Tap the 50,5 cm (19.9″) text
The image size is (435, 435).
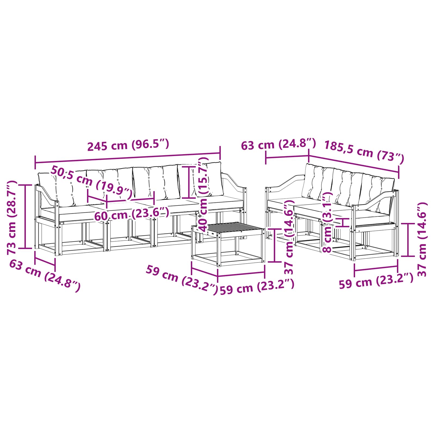point(92,182)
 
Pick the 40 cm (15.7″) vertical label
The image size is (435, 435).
point(204,194)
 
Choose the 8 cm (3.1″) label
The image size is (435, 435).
point(328,222)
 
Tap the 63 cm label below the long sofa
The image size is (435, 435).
point(45,275)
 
